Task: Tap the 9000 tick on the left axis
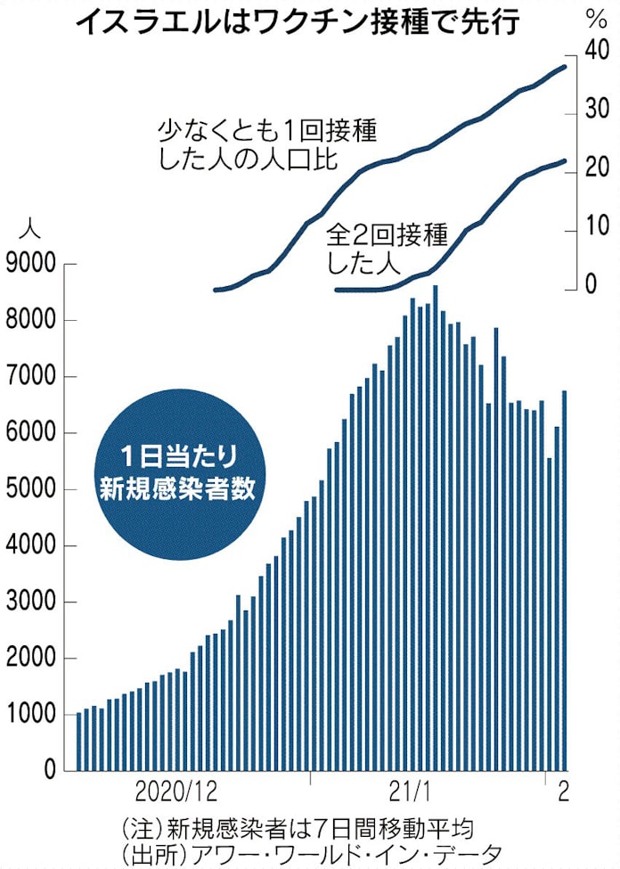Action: (31, 264)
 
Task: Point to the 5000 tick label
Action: (31, 489)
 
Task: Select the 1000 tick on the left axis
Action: (31, 715)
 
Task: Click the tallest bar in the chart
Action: (435, 528)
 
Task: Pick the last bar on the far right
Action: (563, 579)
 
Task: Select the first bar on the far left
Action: (79, 742)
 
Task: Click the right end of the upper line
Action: (565, 66)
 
